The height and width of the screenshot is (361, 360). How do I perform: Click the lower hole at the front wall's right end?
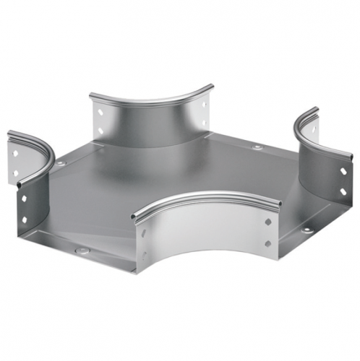[268, 243]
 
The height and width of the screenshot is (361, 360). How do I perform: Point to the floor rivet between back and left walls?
[61, 164]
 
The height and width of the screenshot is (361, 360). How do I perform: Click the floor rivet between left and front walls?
[84, 253]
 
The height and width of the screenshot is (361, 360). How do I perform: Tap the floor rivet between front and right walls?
[309, 230]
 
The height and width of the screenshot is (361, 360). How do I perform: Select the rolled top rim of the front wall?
[210, 196]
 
